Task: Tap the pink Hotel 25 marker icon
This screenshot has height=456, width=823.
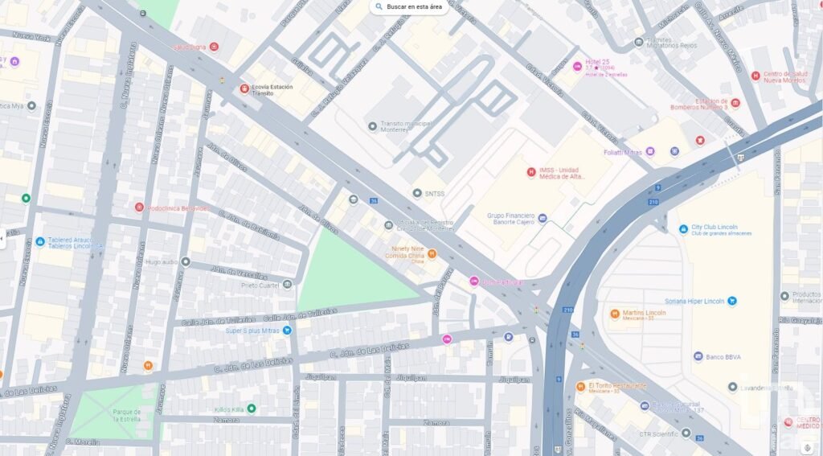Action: point(577,66)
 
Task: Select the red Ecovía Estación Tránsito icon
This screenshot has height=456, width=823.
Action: point(244,88)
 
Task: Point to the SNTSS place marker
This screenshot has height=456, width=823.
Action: point(416,193)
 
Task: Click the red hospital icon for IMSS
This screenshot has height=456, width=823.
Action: point(530,172)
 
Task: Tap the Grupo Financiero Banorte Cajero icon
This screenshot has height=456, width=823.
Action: point(543,218)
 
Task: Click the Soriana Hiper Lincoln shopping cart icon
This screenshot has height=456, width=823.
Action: point(732,301)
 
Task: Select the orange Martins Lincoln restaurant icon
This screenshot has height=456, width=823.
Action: point(615,313)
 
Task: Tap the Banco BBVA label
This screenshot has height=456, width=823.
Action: point(724,356)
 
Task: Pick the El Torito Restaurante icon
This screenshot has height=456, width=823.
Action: point(580,386)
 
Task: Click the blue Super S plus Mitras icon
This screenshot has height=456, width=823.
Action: point(287,331)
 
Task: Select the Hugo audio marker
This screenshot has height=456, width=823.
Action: point(186,261)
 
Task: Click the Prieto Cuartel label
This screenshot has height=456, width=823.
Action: point(259,285)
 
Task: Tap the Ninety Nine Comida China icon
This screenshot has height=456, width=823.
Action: point(432,254)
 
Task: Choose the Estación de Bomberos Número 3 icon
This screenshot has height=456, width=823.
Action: point(735,103)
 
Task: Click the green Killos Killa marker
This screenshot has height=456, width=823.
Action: point(252,409)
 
